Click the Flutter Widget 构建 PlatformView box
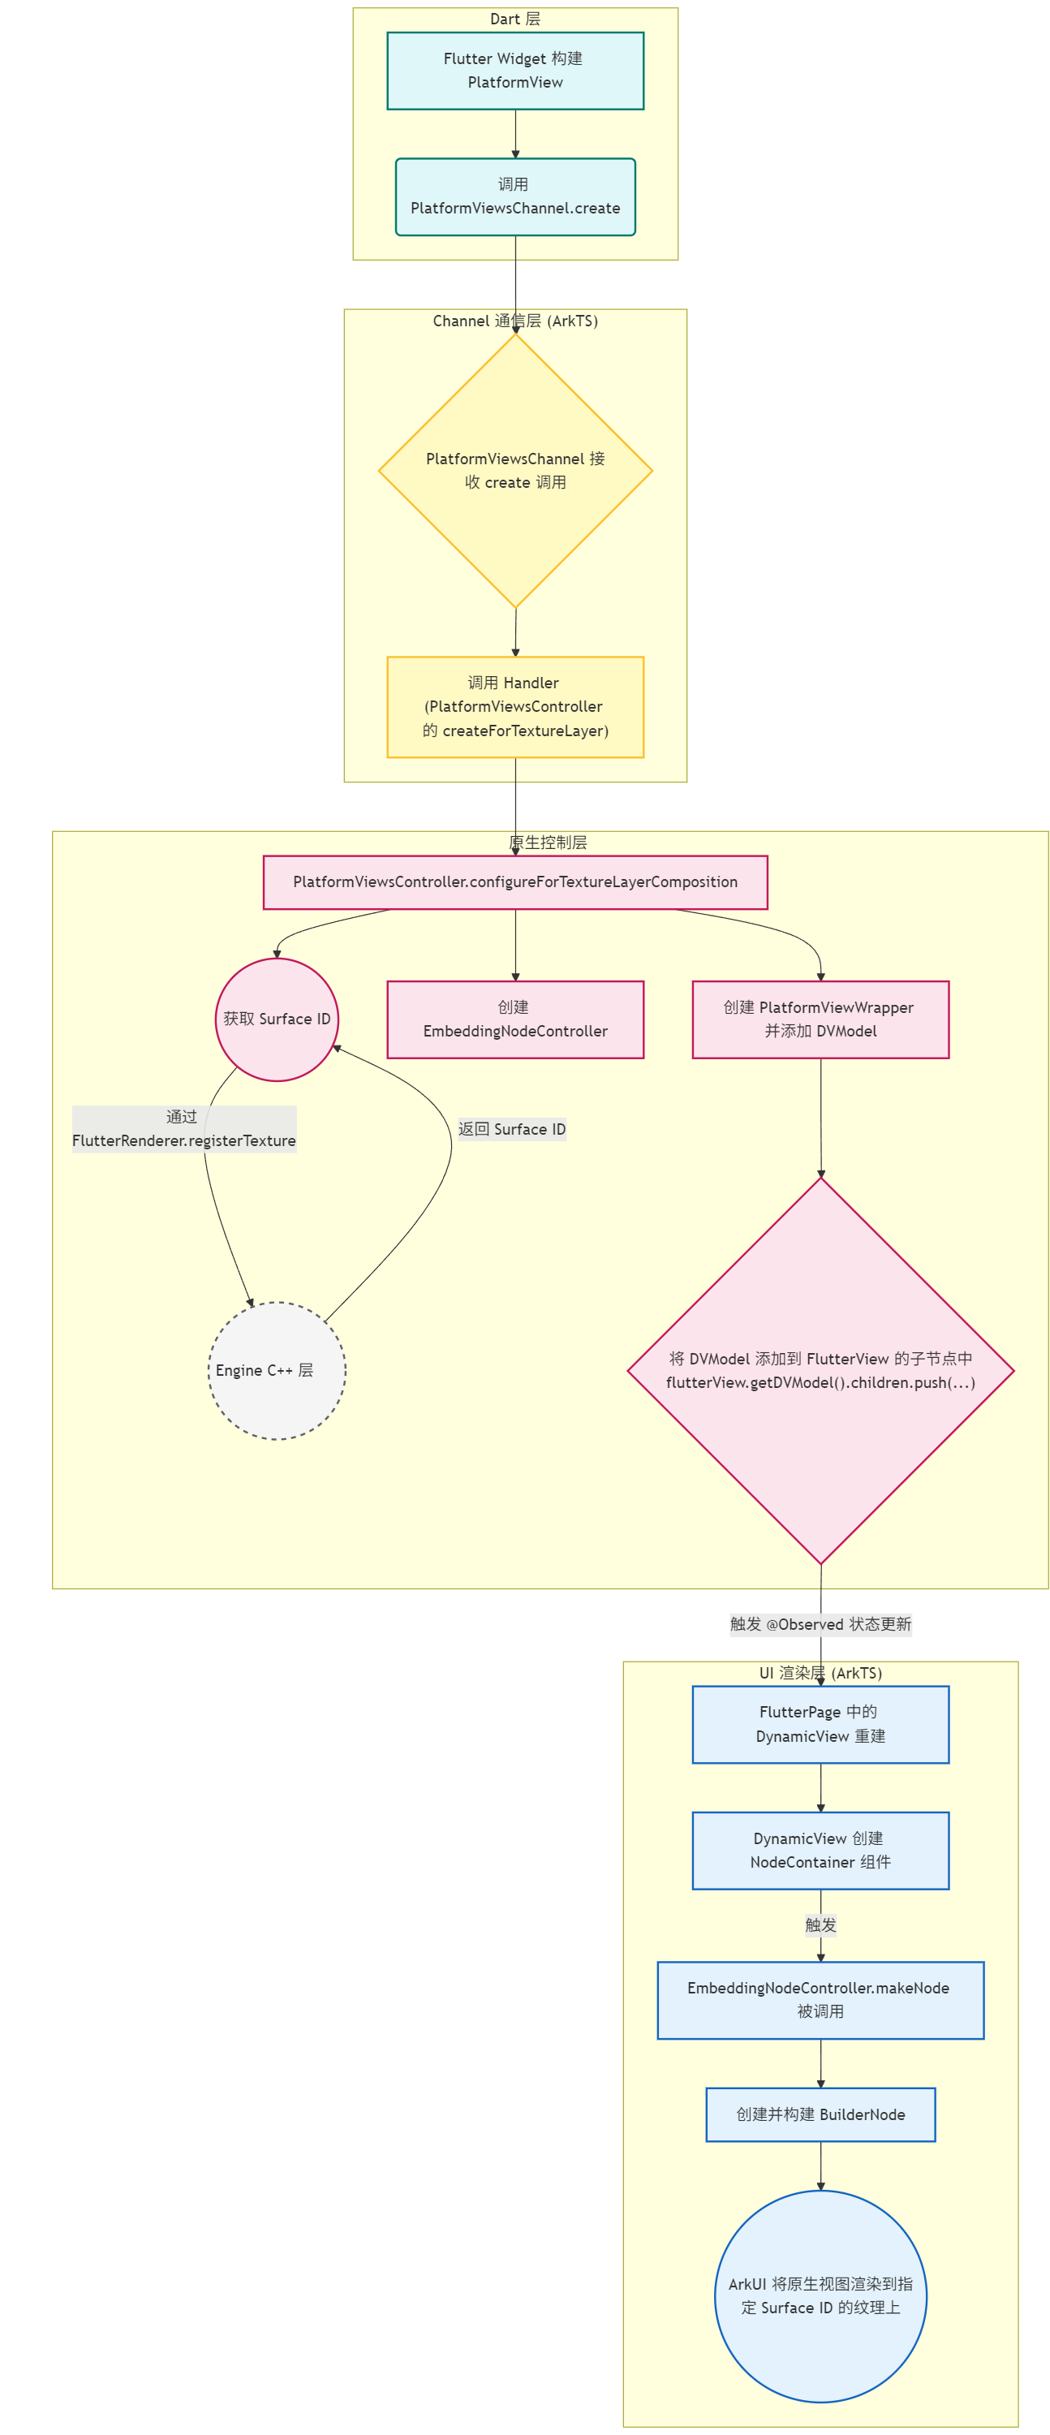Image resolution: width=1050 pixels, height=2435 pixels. (515, 71)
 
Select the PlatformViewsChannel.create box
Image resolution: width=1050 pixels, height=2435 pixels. (515, 196)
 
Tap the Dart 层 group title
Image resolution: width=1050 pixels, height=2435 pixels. (515, 19)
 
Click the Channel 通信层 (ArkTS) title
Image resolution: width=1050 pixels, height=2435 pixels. (515, 321)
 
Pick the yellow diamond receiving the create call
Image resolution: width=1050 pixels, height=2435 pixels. (515, 471)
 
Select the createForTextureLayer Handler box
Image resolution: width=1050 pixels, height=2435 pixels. (515, 707)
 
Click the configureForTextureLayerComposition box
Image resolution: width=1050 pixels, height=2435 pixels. (515, 882)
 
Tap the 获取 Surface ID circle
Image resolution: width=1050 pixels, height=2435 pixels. (277, 1019)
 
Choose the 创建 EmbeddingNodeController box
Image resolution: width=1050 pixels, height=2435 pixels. (515, 1019)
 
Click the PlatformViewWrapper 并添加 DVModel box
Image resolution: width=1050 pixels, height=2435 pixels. (820, 1019)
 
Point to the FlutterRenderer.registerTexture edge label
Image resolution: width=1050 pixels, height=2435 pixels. (184, 1129)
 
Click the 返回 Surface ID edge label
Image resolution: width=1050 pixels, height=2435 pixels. (512, 1129)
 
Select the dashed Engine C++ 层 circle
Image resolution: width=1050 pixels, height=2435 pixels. (277, 1371)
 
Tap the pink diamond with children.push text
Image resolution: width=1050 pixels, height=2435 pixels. (820, 1371)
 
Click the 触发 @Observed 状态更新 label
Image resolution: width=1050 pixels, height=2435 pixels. (820, 1624)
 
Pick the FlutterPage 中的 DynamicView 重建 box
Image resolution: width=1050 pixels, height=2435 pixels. (820, 1724)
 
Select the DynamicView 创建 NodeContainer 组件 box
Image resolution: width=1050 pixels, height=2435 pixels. (820, 1850)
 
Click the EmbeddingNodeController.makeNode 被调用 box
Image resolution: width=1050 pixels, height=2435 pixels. (820, 1999)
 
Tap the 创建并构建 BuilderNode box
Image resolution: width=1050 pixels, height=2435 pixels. (820, 2114)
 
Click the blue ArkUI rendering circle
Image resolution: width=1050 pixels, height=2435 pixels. (820, 2295)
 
